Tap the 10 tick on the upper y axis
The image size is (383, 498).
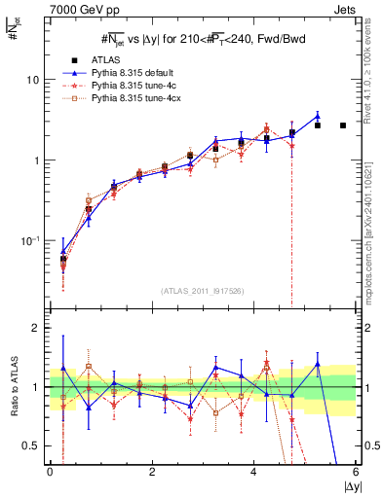pos(36,79)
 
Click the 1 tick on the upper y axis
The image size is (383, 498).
pos(40,160)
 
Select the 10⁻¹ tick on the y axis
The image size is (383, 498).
pos(34,240)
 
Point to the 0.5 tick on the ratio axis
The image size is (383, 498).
pos(34,445)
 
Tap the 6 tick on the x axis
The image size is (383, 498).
pos(356,472)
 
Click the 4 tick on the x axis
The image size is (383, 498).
pos(253,472)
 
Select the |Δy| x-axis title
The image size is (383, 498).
pos(345,485)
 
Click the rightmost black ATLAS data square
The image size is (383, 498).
pos(343,125)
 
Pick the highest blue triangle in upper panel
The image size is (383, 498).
pos(317,116)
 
